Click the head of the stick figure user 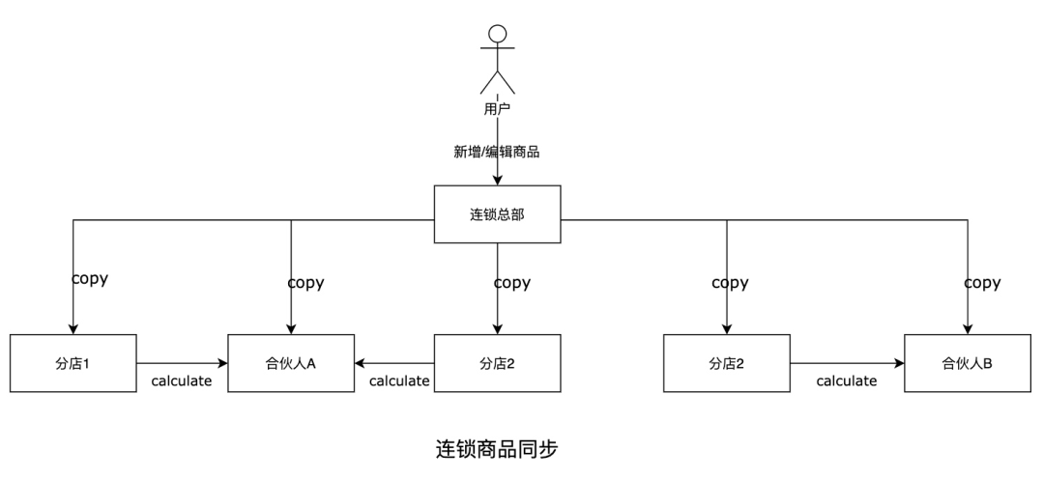pos(498,33)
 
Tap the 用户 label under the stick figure pos(498,109)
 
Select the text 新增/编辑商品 pos(497,153)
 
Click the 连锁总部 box pos(498,214)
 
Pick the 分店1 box pos(73,363)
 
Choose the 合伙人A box pos(291,363)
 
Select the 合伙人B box pos(968,363)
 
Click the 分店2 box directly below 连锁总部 pos(498,363)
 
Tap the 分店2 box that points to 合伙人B pos(726,363)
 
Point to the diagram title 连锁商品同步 pos(497,449)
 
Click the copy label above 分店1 pos(90,278)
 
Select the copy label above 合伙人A pos(305,283)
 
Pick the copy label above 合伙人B pos(982,283)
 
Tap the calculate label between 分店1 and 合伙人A pos(181,380)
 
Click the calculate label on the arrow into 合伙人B pos(846,380)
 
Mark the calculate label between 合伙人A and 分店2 pos(399,380)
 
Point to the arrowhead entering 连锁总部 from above pos(498,181)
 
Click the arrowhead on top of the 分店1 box pos(73,329)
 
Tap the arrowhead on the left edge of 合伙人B pos(899,363)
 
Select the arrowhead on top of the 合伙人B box pos(968,329)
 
